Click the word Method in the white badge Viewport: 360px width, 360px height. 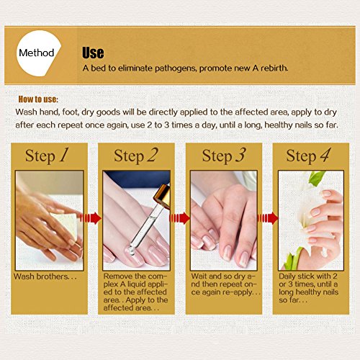click(37, 53)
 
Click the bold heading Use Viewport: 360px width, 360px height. click(93, 53)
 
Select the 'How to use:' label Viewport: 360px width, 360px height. click(38, 99)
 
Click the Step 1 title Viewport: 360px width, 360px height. click(47, 156)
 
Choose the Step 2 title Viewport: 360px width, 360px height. click(136, 156)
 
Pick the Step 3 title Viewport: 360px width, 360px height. click(224, 156)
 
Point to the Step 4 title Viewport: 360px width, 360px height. click(309, 156)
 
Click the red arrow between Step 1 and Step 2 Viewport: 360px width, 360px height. click(91, 218)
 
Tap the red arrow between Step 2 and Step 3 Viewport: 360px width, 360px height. click(179, 218)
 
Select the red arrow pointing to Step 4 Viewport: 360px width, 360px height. click(268, 218)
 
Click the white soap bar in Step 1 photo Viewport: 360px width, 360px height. click(66, 225)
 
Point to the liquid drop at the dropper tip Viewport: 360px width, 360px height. click(131, 251)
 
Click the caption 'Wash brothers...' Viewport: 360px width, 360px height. click(45, 276)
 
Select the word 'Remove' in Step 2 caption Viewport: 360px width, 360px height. click(116, 276)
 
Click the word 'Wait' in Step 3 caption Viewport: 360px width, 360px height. click(199, 276)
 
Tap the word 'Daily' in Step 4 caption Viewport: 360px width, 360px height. click(287, 276)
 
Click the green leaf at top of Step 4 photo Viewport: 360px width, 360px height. click(316, 179)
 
